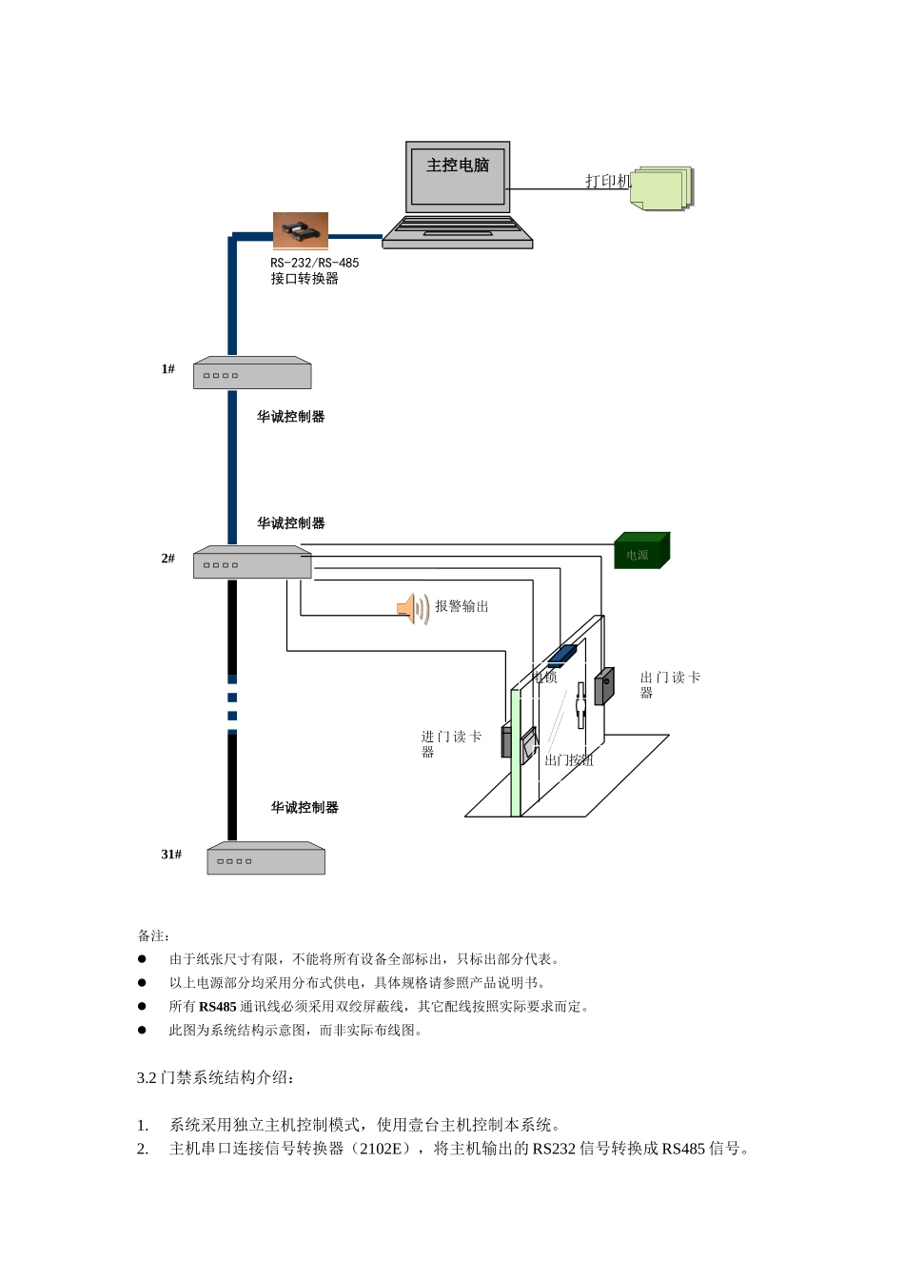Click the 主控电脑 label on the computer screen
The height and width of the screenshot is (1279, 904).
tap(458, 166)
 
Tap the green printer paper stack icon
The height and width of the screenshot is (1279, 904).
tap(662, 188)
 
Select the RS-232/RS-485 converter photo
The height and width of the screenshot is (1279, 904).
tap(301, 231)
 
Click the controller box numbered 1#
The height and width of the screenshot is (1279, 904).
tap(252, 374)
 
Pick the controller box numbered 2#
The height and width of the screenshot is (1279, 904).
tap(252, 563)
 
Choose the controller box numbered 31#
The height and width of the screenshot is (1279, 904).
tap(266, 858)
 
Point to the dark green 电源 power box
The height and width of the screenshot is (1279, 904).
tap(641, 552)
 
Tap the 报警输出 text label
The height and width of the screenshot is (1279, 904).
tap(462, 606)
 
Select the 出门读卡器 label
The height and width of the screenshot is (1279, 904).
tap(670, 684)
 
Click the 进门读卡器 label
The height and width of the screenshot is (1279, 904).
tap(451, 743)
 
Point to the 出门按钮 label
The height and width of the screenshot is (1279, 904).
tap(569, 760)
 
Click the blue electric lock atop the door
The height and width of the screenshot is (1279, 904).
tap(561, 654)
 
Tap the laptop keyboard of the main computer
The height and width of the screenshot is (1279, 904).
tap(458, 228)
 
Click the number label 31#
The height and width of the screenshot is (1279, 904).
tap(171, 855)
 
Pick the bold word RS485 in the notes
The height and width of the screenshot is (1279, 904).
tap(217, 1007)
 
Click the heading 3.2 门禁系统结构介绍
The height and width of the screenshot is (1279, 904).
tap(216, 1078)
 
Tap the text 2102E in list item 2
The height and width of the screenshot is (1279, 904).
tap(381, 1149)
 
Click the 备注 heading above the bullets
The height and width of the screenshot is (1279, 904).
tap(153, 936)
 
